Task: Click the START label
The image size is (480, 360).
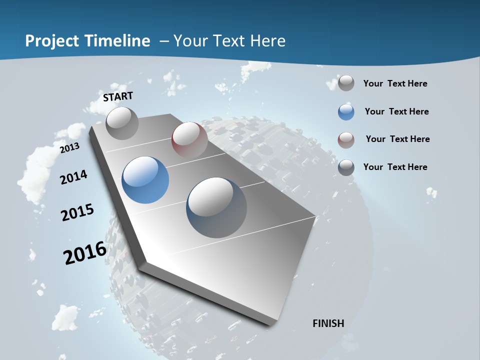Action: click(118, 96)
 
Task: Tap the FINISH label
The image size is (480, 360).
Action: click(328, 323)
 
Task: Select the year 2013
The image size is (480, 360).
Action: click(69, 148)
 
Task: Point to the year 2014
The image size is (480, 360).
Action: click(73, 177)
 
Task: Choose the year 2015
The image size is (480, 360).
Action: click(77, 212)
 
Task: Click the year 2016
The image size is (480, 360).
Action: click(85, 252)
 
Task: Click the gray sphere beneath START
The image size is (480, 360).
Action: click(122, 123)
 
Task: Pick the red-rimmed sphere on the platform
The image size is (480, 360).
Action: click(189, 139)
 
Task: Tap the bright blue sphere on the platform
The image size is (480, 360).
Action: click(145, 179)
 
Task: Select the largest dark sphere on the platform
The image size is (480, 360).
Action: click(216, 207)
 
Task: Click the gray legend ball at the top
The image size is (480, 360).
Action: click(346, 83)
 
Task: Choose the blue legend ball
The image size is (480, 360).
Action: click(346, 112)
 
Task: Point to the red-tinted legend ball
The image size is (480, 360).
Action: click(346, 140)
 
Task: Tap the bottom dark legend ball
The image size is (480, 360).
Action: click(346, 167)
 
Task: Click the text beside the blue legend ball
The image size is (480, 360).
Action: click(396, 111)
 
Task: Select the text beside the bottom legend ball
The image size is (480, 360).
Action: click(395, 167)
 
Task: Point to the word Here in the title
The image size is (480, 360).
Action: click(267, 41)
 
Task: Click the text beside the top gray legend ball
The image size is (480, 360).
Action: click(395, 83)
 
